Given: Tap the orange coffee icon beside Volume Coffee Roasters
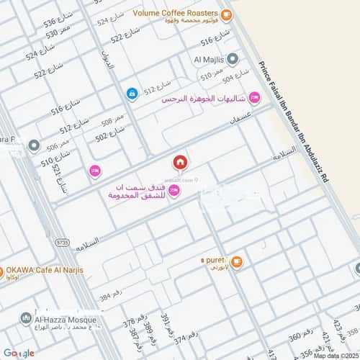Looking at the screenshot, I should pos(226,14).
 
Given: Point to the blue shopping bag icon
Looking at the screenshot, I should pos(132,93).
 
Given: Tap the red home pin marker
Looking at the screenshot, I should pos(179,162).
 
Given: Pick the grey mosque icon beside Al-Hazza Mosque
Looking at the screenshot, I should pos(27,318).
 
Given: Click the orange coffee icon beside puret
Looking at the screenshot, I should pos(237,261).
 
